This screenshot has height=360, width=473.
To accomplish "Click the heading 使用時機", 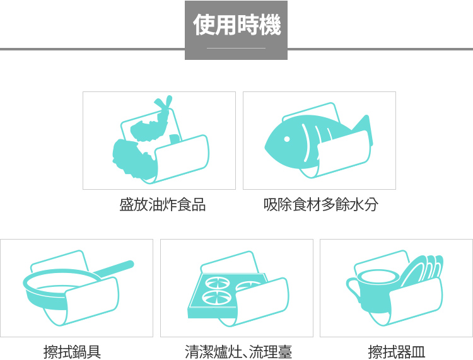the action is click(237, 25).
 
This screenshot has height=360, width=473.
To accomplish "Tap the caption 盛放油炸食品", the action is click(163, 205).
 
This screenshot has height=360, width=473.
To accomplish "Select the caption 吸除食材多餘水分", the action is click(320, 205).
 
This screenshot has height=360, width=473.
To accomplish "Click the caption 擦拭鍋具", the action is click(72, 352).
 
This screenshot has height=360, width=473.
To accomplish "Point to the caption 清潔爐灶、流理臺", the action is click(238, 352).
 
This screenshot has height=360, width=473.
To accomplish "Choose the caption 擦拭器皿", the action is click(397, 352).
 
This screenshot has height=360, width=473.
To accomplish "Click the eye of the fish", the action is click(287, 139).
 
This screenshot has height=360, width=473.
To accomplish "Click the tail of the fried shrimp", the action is click(163, 103).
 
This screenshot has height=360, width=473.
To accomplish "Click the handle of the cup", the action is click(353, 289).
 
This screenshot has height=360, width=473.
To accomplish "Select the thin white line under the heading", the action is click(237, 48).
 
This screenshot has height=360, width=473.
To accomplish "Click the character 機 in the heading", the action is click(271, 25).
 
